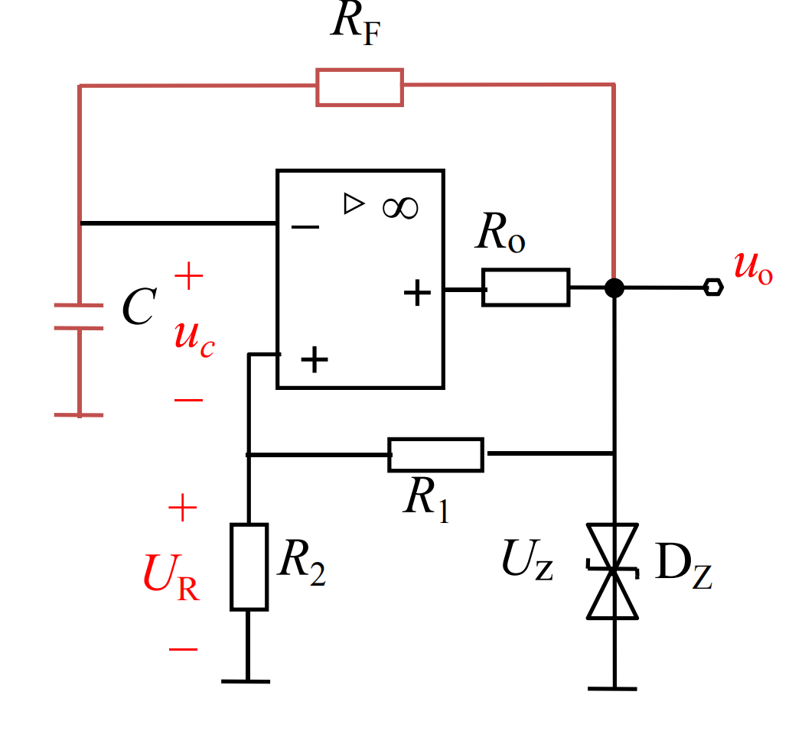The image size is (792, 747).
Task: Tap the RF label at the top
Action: [x=356, y=24]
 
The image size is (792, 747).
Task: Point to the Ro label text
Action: [x=500, y=232]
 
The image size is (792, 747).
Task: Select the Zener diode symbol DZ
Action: [x=613, y=571]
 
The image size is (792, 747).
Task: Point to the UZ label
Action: [x=527, y=559]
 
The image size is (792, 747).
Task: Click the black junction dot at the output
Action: [x=614, y=287]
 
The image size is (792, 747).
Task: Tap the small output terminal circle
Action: [x=713, y=287]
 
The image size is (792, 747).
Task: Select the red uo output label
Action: [x=753, y=268]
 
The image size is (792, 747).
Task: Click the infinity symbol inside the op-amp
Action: [x=400, y=208]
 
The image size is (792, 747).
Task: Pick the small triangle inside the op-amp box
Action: [x=353, y=203]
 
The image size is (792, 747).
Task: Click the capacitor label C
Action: [x=139, y=307]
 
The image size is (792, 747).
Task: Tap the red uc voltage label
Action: [x=194, y=339]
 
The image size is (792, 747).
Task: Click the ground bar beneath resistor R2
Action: [x=246, y=681]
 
